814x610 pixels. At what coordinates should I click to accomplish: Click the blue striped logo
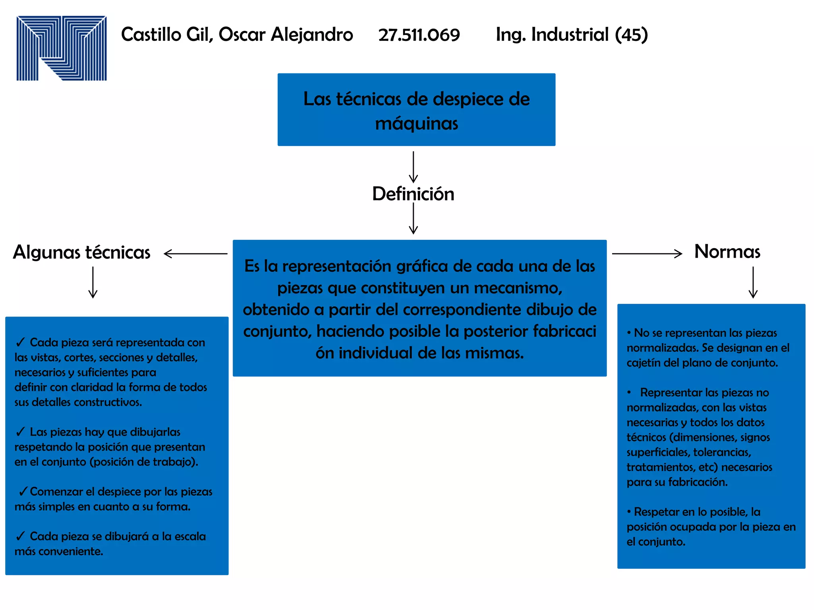[x=62, y=48]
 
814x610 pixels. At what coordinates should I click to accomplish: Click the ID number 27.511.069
[x=419, y=35]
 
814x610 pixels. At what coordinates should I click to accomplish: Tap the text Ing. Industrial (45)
[x=572, y=35]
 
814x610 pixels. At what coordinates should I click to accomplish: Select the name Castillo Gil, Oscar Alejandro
[x=237, y=35]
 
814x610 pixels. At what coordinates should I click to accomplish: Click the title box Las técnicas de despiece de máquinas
[x=416, y=110]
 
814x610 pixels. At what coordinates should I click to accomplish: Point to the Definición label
[x=413, y=194]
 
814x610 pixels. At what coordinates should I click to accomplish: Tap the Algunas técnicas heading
[x=82, y=253]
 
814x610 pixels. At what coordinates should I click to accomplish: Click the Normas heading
[x=727, y=252]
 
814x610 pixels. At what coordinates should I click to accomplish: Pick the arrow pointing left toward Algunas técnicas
[x=195, y=253]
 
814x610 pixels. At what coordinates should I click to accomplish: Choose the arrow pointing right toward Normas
[x=647, y=253]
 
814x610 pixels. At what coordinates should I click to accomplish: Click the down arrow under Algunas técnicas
[x=93, y=282]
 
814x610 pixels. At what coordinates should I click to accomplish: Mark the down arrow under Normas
[x=753, y=282]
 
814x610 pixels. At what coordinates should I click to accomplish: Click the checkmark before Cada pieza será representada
[x=21, y=342]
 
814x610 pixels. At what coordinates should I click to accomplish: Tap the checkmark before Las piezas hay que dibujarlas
[x=21, y=431]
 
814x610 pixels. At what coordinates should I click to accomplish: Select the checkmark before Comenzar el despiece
[x=23, y=491]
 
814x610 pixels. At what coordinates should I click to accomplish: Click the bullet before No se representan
[x=629, y=333]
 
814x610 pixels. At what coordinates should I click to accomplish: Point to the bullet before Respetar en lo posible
[x=629, y=512]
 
